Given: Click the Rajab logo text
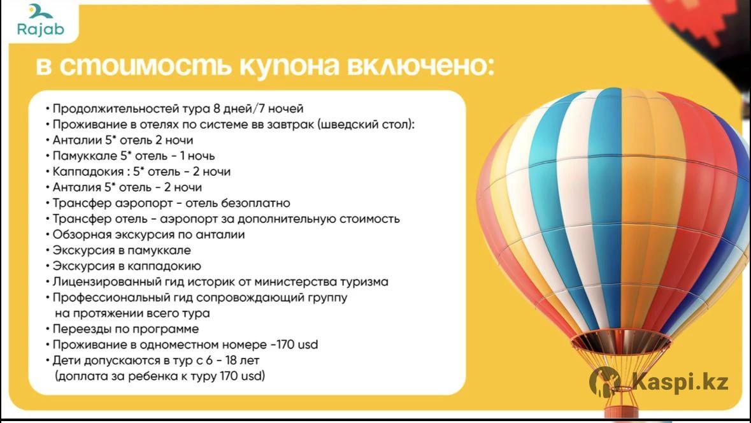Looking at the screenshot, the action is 40,29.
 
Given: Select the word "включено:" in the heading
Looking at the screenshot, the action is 420,66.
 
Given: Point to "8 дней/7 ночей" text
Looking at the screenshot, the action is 258,109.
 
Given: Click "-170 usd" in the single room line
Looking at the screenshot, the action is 294,345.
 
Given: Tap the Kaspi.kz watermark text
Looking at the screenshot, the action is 680,382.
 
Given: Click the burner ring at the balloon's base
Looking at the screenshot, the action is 620,341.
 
